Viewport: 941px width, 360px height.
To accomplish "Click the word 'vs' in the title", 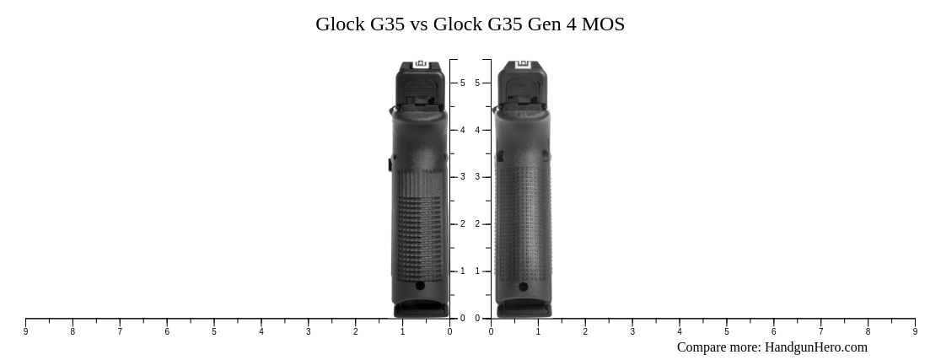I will click(x=419, y=24).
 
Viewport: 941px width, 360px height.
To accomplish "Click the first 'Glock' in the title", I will click(x=340, y=24).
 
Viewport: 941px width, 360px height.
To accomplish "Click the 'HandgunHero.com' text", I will click(x=815, y=347).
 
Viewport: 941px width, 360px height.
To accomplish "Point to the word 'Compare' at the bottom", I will click(x=704, y=347).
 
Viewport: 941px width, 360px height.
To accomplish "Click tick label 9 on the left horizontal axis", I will click(x=25, y=332).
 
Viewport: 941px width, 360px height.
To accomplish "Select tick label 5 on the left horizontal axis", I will click(x=214, y=332).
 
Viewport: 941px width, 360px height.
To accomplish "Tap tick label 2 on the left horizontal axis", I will click(x=355, y=332).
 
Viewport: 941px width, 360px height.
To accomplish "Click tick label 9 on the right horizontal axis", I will click(x=915, y=332).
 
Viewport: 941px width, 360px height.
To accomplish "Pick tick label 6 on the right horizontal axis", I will click(x=773, y=332).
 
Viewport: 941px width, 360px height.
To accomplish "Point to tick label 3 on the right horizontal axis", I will click(x=632, y=332).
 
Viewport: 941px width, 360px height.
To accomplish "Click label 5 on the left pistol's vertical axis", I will click(x=462, y=83).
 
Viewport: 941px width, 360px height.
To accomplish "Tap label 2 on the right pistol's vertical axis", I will click(x=477, y=224).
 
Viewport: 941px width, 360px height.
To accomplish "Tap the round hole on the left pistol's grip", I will click(x=420, y=286).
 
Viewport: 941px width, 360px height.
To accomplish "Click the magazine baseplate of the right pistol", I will click(x=524, y=311).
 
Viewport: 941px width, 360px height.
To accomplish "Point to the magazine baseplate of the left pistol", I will click(x=421, y=311).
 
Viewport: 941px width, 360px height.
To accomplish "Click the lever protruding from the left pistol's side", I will click(x=390, y=164).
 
